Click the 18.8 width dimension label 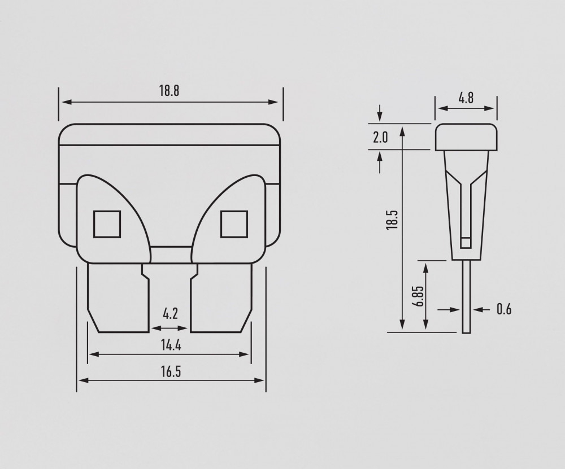click(x=169, y=91)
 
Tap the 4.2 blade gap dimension click(x=171, y=314)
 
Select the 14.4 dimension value click(x=171, y=345)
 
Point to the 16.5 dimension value click(x=171, y=371)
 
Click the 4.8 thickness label click(x=466, y=98)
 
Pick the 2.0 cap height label click(x=380, y=137)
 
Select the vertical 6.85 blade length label click(x=419, y=296)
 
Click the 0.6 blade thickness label click(x=504, y=309)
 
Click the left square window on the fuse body click(x=107, y=224)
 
